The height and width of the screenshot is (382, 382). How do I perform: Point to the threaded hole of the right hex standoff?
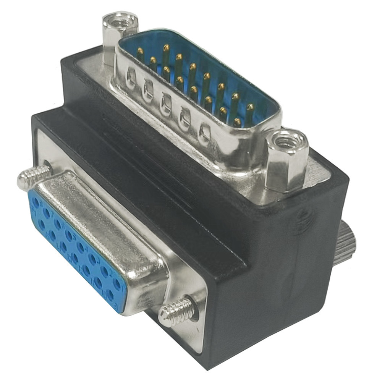click(285, 142)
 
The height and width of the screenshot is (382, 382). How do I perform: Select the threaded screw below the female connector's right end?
click(176, 311)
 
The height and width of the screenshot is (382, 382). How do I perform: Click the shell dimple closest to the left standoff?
click(131, 79)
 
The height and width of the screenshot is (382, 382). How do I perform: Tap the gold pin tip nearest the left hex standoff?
click(140, 50)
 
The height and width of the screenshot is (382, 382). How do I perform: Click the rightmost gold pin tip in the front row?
click(237, 121)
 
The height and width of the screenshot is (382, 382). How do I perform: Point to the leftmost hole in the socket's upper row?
click(36, 201)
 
